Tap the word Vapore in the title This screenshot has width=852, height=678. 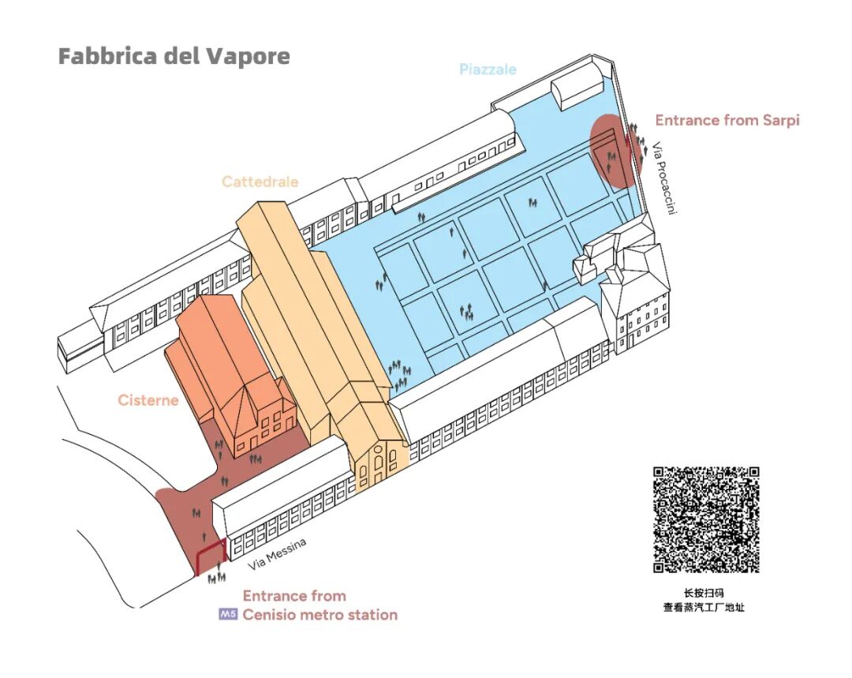[x=248, y=57]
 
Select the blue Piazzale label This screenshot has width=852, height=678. [x=488, y=69]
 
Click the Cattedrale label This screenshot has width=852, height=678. [x=260, y=182]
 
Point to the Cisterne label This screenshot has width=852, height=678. [x=148, y=400]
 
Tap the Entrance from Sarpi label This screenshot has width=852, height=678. [x=727, y=121]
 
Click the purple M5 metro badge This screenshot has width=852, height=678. [x=228, y=615]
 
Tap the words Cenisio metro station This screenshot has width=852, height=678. [x=319, y=615]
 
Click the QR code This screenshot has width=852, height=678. [x=706, y=519]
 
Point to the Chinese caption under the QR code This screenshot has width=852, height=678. [x=704, y=600]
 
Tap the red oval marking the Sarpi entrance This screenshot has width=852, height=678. [x=612, y=150]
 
